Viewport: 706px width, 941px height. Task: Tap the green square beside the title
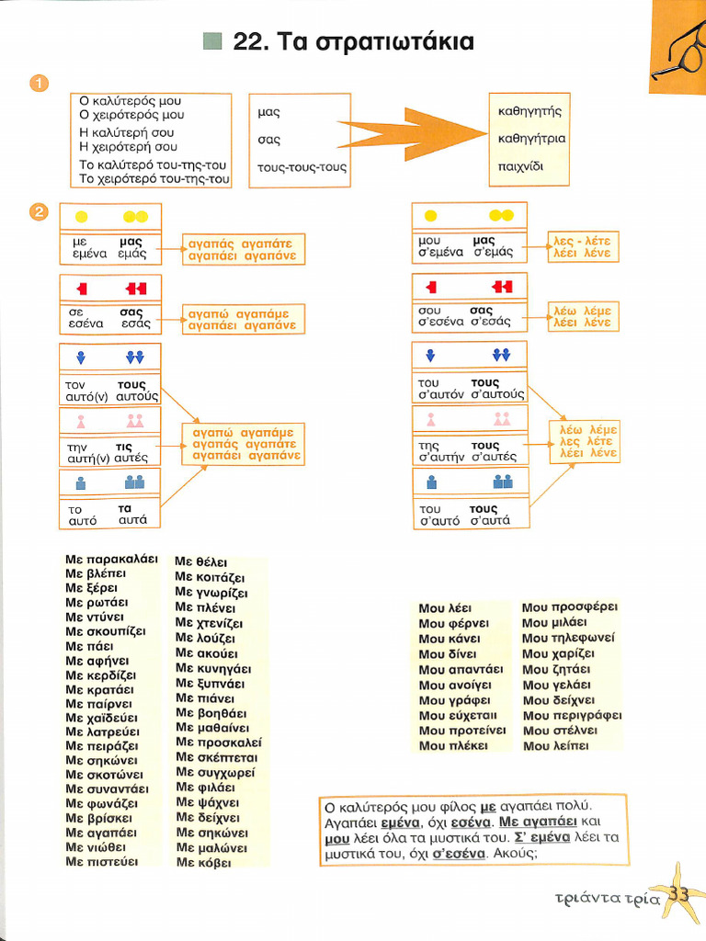click(212, 41)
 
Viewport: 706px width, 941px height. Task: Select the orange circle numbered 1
click(39, 83)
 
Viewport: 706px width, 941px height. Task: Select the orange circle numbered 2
click(39, 212)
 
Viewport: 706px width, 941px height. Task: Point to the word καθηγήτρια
click(531, 139)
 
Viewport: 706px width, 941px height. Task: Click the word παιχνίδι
click(520, 166)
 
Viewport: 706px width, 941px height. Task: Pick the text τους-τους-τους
click(302, 167)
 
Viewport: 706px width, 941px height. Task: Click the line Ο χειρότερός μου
click(131, 115)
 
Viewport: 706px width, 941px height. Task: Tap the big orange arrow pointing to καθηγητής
click(415, 134)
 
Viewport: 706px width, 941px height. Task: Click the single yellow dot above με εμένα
click(81, 217)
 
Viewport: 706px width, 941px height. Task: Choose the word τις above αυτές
click(124, 448)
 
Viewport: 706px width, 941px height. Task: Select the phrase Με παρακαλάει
click(111, 560)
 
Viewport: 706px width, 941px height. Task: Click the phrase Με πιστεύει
click(101, 862)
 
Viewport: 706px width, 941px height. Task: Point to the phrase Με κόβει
click(203, 862)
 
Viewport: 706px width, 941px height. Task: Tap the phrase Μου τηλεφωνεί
click(568, 638)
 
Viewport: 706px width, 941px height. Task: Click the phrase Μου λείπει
click(555, 746)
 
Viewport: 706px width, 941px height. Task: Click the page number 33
click(678, 894)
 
